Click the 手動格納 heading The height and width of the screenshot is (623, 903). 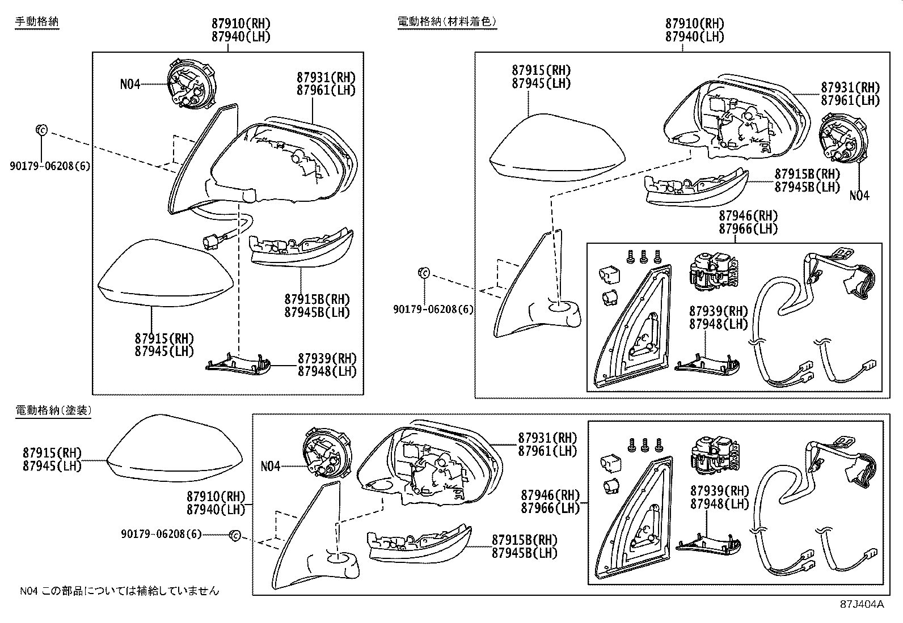pyautogui.click(x=36, y=22)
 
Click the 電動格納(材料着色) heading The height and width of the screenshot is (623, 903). pyautogui.click(x=447, y=22)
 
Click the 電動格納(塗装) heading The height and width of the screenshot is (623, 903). pyautogui.click(x=53, y=410)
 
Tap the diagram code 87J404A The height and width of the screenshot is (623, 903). pyautogui.click(x=862, y=604)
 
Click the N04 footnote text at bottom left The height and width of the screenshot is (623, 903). pyautogui.click(x=119, y=591)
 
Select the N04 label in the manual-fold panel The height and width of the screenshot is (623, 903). pyautogui.click(x=130, y=84)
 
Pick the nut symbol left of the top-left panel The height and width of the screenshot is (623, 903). pyautogui.click(x=41, y=130)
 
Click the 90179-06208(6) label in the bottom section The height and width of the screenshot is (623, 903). pyautogui.click(x=161, y=534)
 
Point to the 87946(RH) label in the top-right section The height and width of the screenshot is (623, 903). pyautogui.click(x=748, y=216)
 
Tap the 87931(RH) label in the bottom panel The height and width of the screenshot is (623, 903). pyautogui.click(x=547, y=438)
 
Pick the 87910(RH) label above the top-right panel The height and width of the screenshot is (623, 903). pyautogui.click(x=694, y=23)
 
